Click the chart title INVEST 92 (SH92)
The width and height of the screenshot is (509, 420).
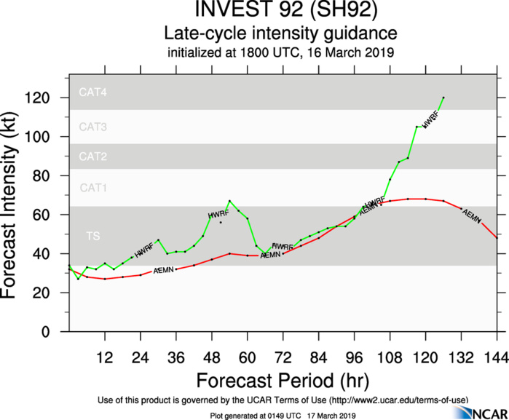coord(280,12)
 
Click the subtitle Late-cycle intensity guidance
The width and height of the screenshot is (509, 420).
coord(280,33)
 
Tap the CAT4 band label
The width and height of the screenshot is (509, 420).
coord(93,93)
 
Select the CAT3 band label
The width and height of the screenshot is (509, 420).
coord(93,127)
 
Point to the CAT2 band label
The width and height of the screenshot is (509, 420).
coord(93,156)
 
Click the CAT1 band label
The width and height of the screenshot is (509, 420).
coord(93,188)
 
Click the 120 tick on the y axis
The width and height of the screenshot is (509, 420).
coord(47,98)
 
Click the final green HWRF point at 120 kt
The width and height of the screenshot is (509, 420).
coord(443,98)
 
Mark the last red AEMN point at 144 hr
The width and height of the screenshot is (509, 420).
coord(497,237)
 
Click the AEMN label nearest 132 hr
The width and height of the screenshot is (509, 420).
coord(472,215)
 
